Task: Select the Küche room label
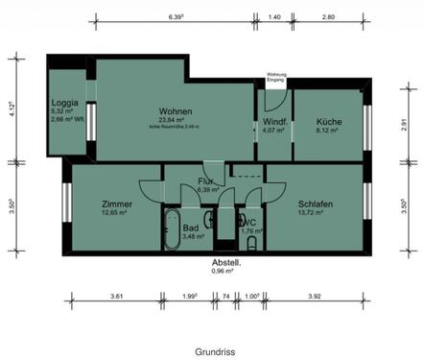[329, 122]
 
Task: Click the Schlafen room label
[316, 204]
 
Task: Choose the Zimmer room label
[117, 204]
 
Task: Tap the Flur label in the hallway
[205, 180]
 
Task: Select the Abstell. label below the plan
[226, 262]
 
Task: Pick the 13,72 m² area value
[314, 212]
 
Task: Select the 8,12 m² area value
[328, 131]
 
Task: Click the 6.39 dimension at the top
[176, 16]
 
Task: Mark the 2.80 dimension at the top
[328, 16]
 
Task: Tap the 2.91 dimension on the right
[405, 126]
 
